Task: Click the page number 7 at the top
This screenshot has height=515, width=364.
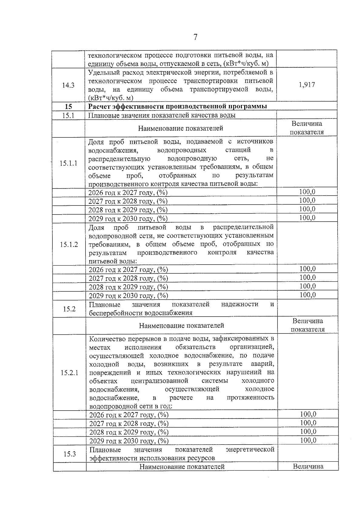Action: pos(195,37)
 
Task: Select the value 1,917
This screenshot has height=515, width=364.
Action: pos(307,85)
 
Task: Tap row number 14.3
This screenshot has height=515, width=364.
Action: pos(68,85)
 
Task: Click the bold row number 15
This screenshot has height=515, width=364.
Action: pos(69,107)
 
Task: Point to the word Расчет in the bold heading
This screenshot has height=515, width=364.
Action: pos(99,107)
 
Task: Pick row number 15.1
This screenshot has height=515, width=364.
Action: pos(69,115)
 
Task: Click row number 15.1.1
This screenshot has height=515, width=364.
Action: pos(69,163)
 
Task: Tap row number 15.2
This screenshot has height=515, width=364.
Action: pos(69,309)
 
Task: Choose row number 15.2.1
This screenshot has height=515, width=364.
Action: pos(69,373)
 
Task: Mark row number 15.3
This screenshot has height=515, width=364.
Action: pos(69,454)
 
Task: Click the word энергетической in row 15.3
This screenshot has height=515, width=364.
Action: pos(250,449)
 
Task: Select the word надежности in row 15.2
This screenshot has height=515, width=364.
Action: pos(240,304)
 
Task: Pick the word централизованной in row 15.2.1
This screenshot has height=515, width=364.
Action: pos(160,381)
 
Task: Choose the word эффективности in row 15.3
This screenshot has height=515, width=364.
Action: pos(112,458)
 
